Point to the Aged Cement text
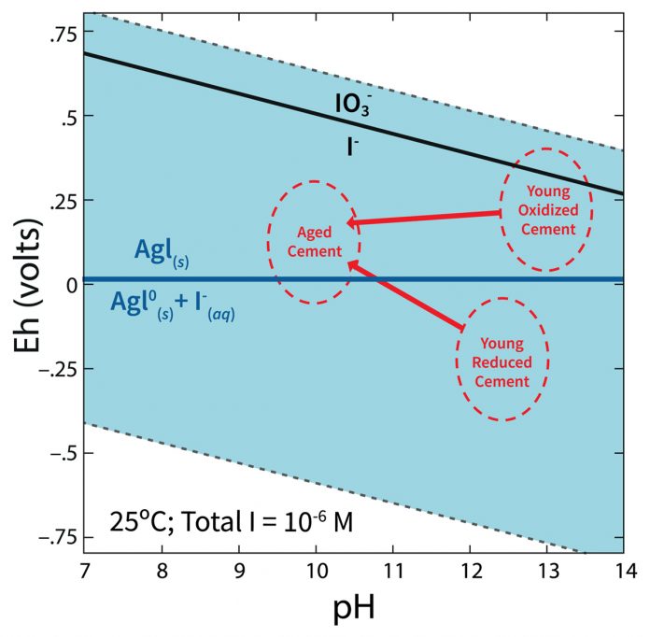click(x=314, y=241)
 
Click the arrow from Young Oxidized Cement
click(x=425, y=219)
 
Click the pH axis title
click(x=353, y=612)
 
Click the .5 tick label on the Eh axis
click(x=66, y=116)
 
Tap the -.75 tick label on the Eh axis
click(x=55, y=536)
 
